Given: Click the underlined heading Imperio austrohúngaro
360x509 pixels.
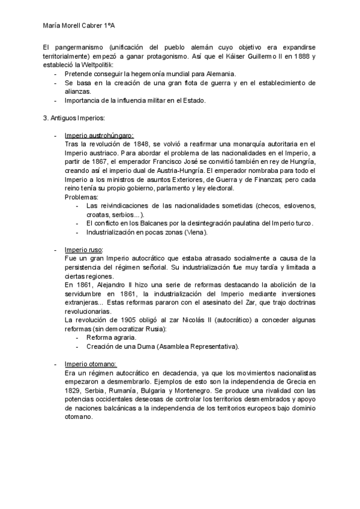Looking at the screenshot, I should click(99, 135).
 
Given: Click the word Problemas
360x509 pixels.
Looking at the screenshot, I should click(82, 197).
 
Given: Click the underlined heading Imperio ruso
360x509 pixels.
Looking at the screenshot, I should click(83, 250).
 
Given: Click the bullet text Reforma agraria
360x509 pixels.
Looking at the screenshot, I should click(111, 337).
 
